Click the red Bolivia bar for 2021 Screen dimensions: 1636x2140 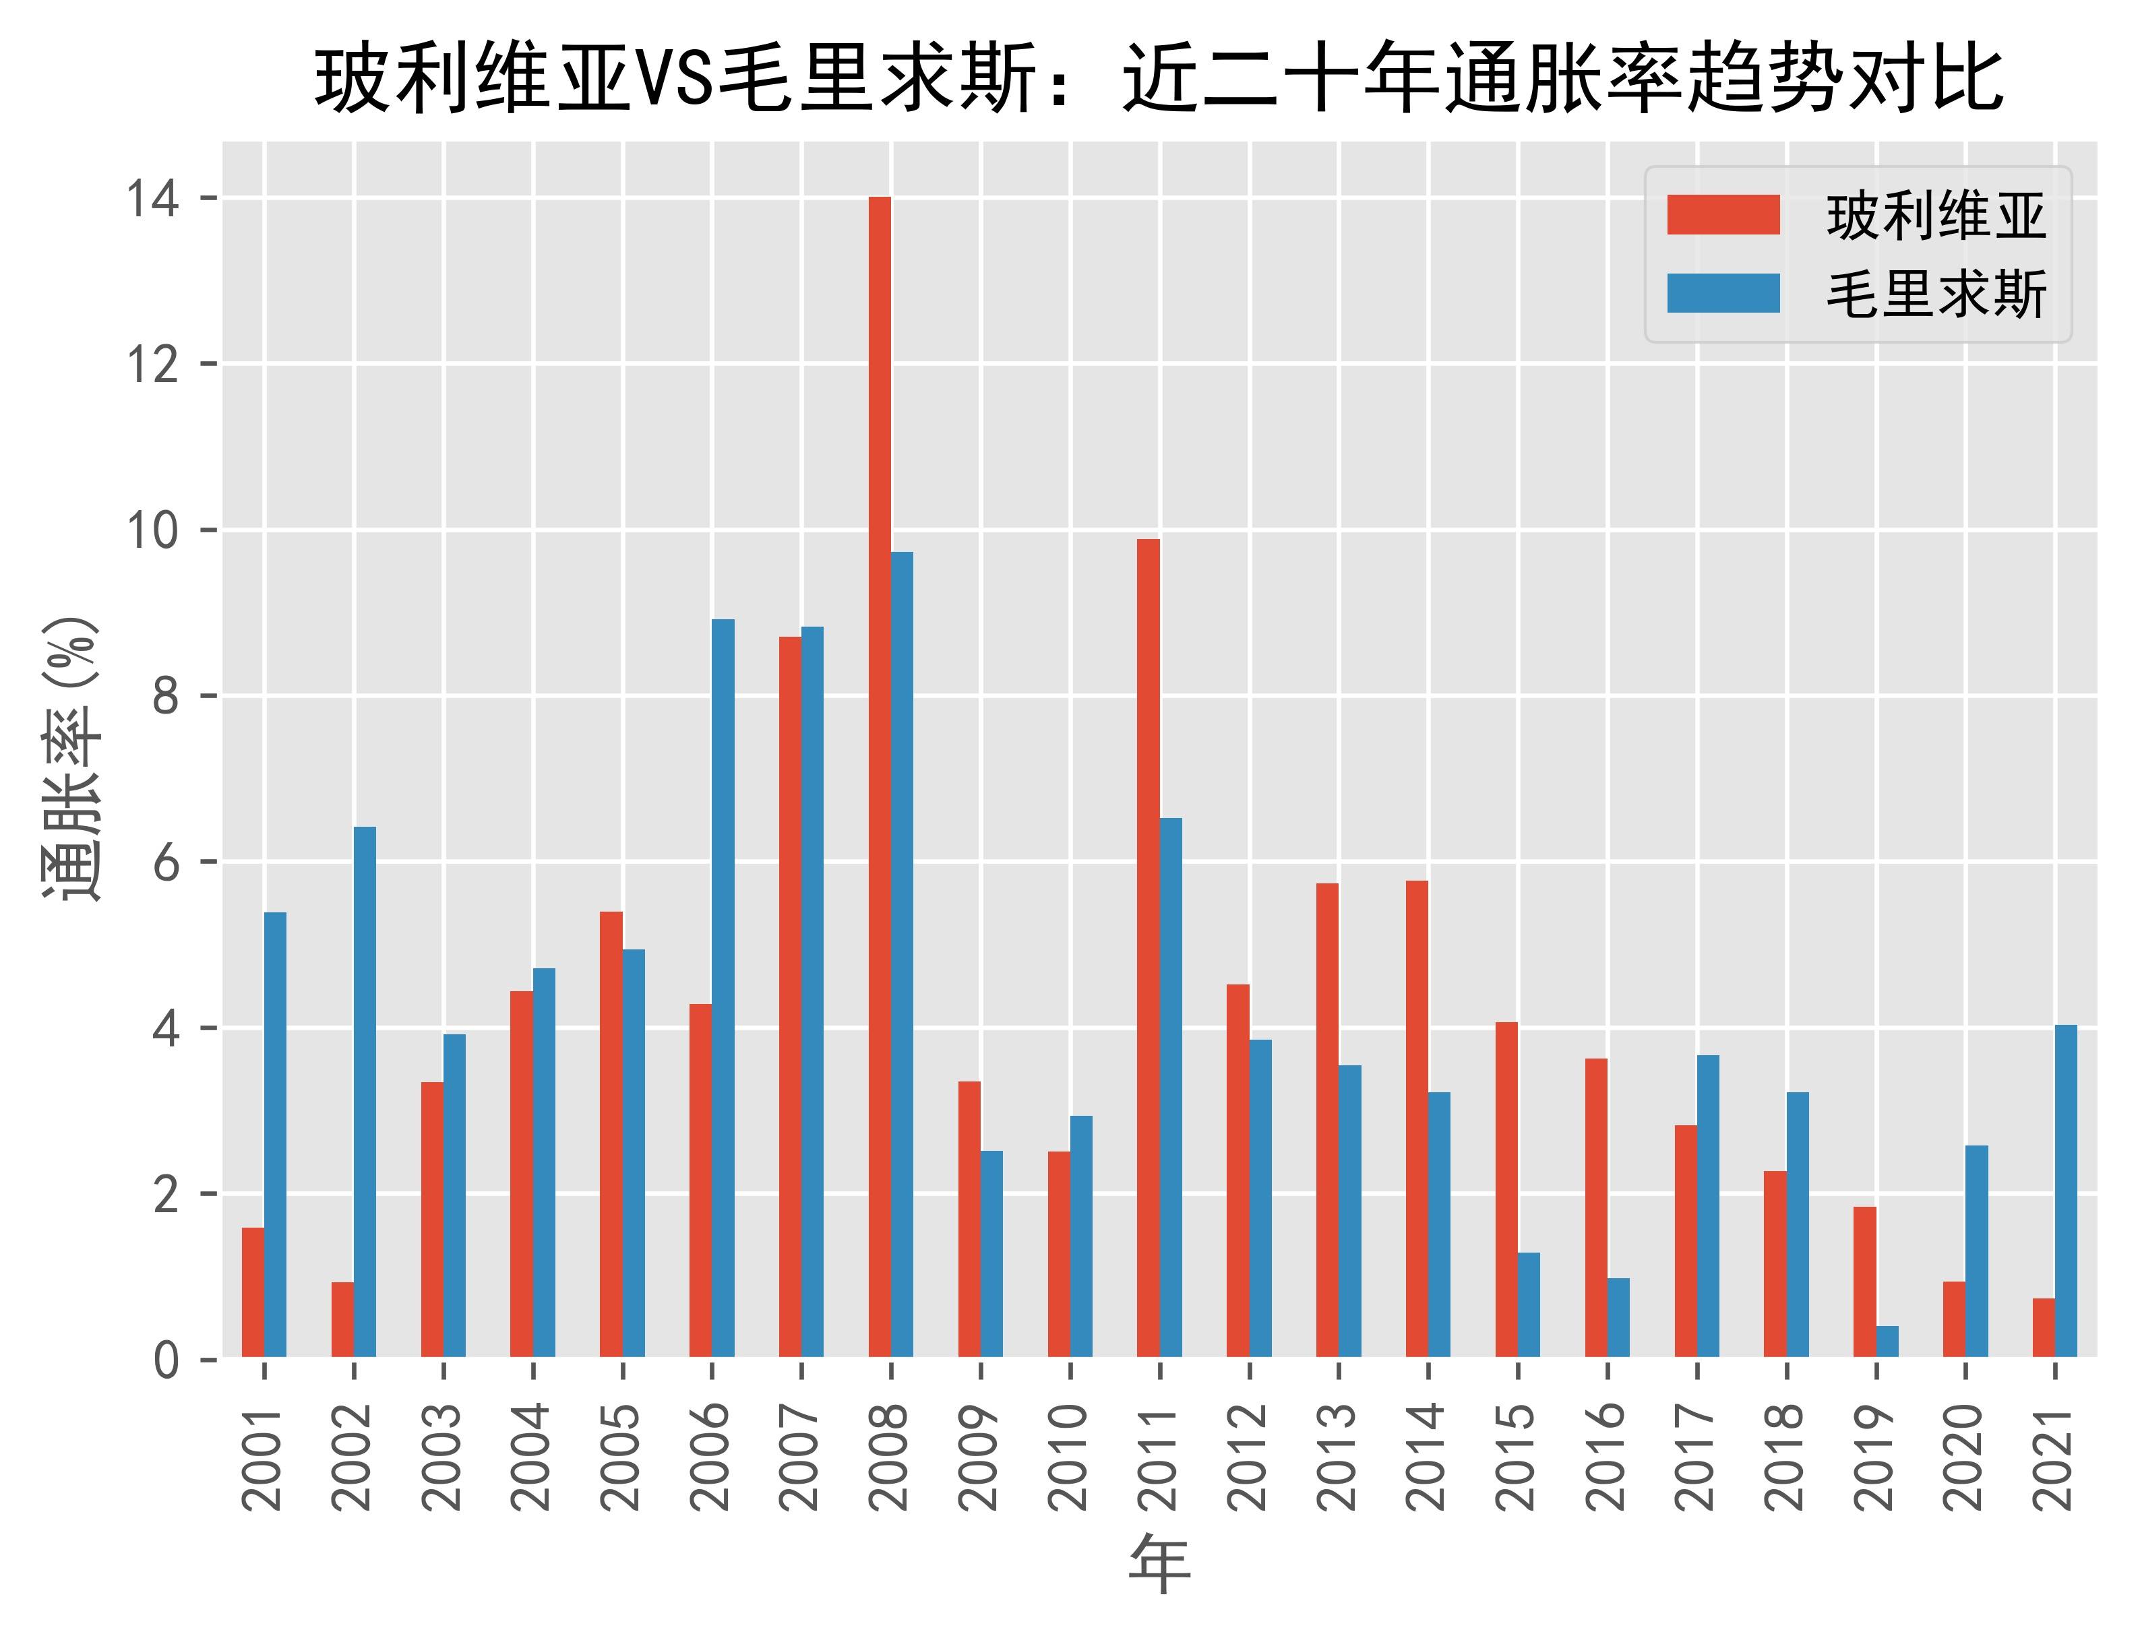click(2044, 1327)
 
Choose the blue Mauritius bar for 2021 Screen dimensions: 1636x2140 click(2066, 1191)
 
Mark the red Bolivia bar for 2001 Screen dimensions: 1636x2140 click(252, 1292)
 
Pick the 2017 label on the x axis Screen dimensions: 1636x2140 click(1696, 1457)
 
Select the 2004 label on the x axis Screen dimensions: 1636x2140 click(532, 1457)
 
